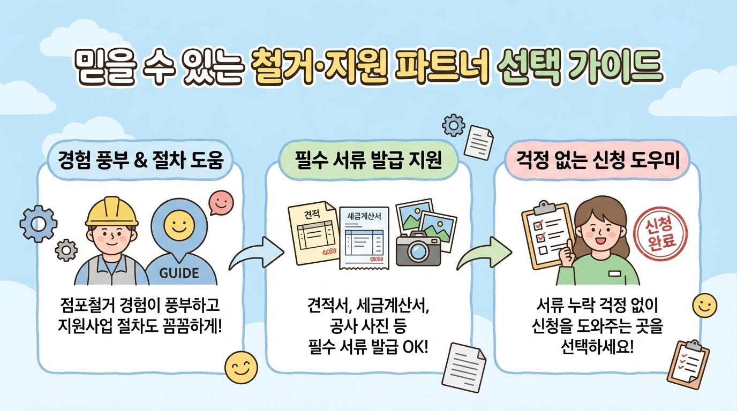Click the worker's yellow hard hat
pyautogui.click(x=112, y=212)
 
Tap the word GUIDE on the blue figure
pyautogui.click(x=179, y=273)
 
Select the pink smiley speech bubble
pyautogui.click(x=221, y=202)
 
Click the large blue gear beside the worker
pyautogui.click(x=38, y=223)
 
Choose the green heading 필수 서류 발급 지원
pyautogui.click(x=368, y=161)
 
